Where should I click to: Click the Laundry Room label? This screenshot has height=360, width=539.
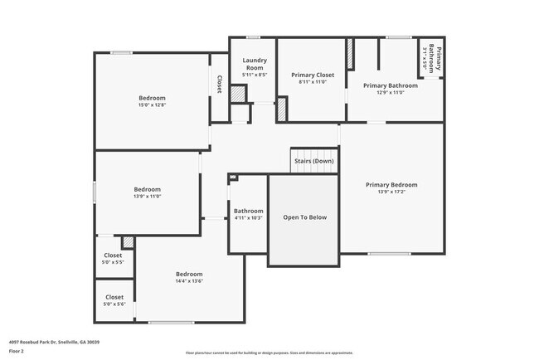(254, 64)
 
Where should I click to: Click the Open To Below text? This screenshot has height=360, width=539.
(304, 217)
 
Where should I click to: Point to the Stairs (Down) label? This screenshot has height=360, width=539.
(319, 161)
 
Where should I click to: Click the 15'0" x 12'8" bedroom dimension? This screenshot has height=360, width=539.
(151, 105)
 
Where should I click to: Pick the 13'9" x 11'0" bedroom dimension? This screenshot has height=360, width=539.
(147, 197)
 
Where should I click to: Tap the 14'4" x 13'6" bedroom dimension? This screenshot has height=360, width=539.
(188, 280)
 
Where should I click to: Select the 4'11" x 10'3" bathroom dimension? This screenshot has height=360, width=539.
(248, 218)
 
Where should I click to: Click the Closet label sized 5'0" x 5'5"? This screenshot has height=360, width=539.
(114, 262)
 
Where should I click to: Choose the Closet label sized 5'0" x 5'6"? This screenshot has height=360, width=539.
(114, 304)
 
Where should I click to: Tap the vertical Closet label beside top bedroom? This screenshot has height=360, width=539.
(219, 84)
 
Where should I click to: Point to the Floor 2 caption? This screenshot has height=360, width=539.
(17, 350)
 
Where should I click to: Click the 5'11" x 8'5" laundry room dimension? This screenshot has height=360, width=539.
(254, 75)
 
